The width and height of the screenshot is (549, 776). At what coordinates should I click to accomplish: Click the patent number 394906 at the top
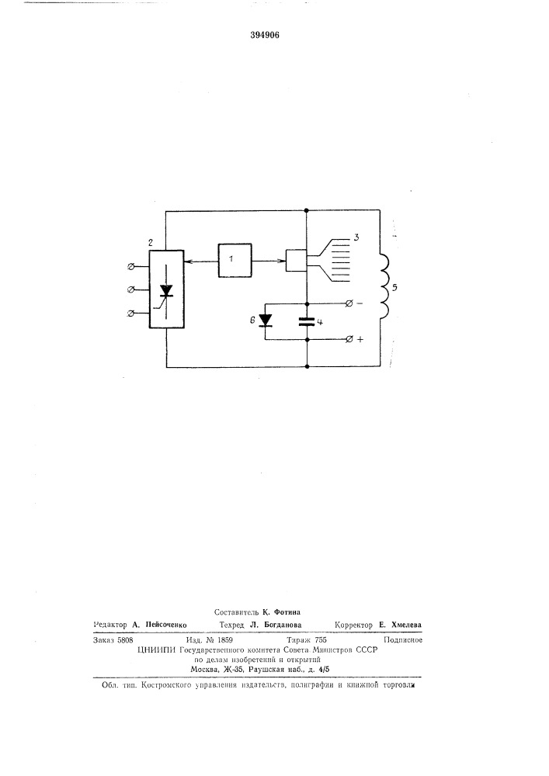click(264, 35)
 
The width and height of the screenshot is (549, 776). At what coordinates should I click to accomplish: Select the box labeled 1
click(235, 260)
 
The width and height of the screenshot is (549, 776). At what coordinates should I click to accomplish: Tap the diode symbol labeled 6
click(266, 320)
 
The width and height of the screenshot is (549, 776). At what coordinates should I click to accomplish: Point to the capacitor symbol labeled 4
click(308, 321)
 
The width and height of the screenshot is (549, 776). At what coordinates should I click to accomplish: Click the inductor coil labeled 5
click(384, 286)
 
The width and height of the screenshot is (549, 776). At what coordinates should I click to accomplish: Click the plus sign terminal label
click(360, 340)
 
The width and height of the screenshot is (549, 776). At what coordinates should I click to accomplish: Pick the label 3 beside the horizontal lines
click(356, 238)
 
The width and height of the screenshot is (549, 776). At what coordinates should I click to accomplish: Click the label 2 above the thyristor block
click(151, 242)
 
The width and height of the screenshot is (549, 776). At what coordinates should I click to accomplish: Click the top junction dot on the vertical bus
click(308, 211)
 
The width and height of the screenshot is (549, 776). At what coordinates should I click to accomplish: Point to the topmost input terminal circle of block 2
click(130, 267)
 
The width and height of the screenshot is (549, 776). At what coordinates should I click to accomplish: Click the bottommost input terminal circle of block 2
click(130, 313)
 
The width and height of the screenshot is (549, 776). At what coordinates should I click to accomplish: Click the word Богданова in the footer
click(281, 625)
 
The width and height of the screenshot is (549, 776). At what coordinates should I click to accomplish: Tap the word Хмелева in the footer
click(406, 625)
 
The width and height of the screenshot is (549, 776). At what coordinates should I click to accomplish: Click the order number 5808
click(124, 639)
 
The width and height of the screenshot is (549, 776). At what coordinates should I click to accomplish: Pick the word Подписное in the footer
click(403, 640)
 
